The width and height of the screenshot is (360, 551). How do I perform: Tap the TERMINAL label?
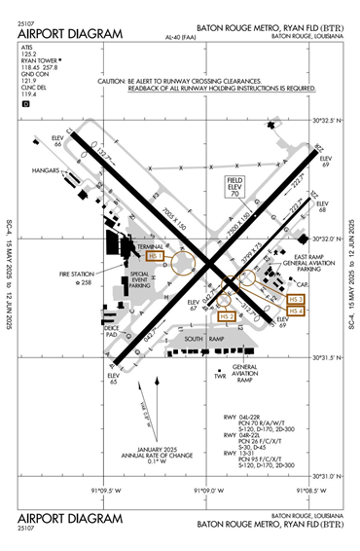coord(151,247)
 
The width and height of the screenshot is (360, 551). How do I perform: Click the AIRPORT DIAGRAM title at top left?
coord(70,33)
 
